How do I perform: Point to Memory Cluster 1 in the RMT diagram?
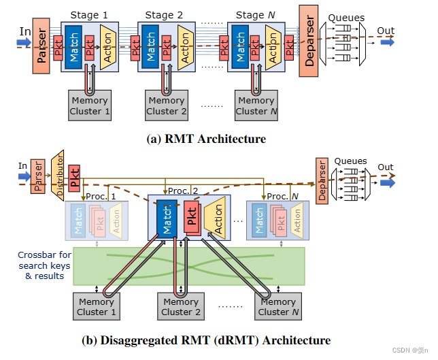click(90, 105)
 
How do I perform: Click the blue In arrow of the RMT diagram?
click(23, 42)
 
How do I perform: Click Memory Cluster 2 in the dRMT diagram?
click(181, 307)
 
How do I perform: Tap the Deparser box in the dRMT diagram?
click(323, 181)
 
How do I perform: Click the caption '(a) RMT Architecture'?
click(206, 140)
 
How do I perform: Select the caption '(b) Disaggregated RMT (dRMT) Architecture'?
click(206, 340)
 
